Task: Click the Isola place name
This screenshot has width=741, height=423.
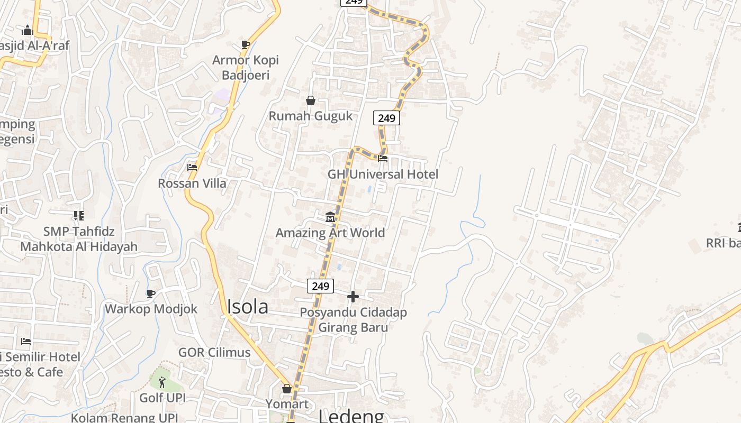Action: [x=247, y=307]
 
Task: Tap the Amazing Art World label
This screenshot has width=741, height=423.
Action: [x=330, y=233]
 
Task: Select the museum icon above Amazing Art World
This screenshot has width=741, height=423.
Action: [x=330, y=217]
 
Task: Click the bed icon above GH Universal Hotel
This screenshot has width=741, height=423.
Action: [x=383, y=158]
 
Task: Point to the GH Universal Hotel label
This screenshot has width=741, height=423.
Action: [x=383, y=174]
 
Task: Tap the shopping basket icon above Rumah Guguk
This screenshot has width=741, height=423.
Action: [x=311, y=100]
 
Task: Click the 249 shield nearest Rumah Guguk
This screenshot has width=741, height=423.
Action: [x=386, y=118]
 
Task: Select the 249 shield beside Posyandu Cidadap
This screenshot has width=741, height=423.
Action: [x=320, y=286]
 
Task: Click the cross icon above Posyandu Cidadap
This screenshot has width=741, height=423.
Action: [x=353, y=297]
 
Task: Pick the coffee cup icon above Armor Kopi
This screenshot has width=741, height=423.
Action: [x=245, y=44]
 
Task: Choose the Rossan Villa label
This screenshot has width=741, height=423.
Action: [x=192, y=183]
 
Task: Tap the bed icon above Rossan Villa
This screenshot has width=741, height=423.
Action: [x=192, y=168]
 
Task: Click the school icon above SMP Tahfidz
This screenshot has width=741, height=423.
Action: [x=79, y=216]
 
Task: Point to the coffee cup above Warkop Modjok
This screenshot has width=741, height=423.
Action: [x=151, y=293]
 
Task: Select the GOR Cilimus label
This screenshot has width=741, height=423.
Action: [x=214, y=353]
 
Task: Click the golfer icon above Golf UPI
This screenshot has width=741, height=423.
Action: [x=162, y=382]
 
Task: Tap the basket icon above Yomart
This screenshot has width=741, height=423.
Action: [x=287, y=389]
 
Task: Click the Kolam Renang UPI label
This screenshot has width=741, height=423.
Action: [x=124, y=418]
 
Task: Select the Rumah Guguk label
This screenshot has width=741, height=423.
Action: [x=311, y=116]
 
